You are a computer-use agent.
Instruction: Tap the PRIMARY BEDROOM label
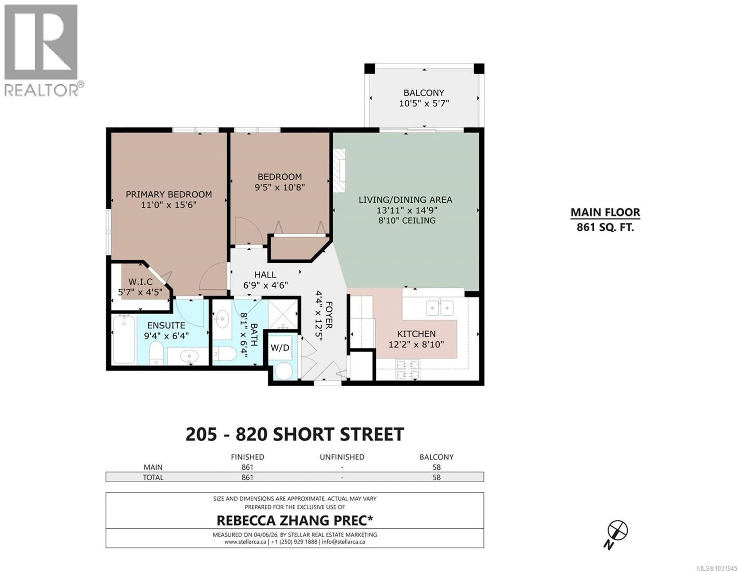click(169, 194)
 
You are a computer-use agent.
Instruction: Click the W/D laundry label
click(280, 348)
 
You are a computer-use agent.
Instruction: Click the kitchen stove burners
click(408, 370)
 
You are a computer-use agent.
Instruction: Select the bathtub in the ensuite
click(124, 339)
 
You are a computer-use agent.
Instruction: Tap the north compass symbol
click(617, 530)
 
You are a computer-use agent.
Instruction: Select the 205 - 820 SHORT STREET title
click(294, 434)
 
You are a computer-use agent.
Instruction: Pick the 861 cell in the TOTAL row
click(247, 478)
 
